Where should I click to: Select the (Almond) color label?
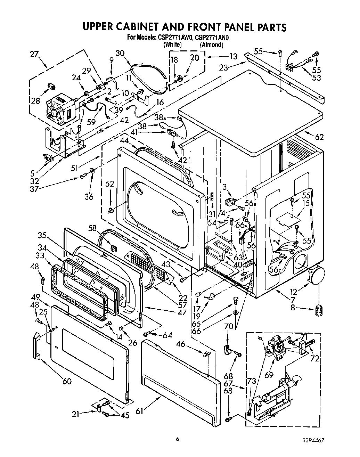click(x=211, y=45)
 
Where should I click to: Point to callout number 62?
click(x=319, y=137)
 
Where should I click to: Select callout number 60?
click(x=67, y=382)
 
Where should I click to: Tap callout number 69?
click(x=269, y=375)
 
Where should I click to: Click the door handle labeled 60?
click(x=37, y=345)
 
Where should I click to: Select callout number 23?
click(x=223, y=68)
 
